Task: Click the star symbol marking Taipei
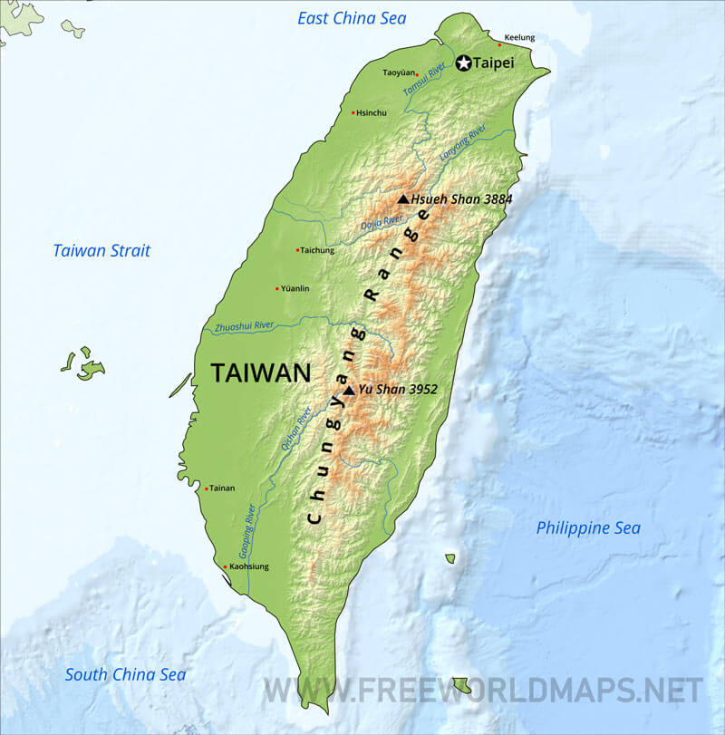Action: click(x=464, y=63)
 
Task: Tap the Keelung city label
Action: click(x=519, y=37)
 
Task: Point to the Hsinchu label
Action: click(x=372, y=113)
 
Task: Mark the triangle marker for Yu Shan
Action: click(x=349, y=390)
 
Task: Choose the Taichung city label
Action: click(x=317, y=250)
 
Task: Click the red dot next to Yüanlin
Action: click(x=277, y=289)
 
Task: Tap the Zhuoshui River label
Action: click(x=244, y=325)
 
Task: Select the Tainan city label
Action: click(x=222, y=488)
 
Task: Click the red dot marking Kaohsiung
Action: click(x=226, y=567)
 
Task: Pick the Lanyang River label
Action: click(x=463, y=143)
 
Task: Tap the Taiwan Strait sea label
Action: click(x=101, y=251)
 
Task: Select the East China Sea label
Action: click(x=352, y=18)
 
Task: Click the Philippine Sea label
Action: click(x=588, y=527)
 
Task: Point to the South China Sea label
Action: click(x=125, y=674)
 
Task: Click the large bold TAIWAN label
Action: click(x=261, y=372)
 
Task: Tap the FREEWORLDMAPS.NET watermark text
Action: click(x=483, y=691)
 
